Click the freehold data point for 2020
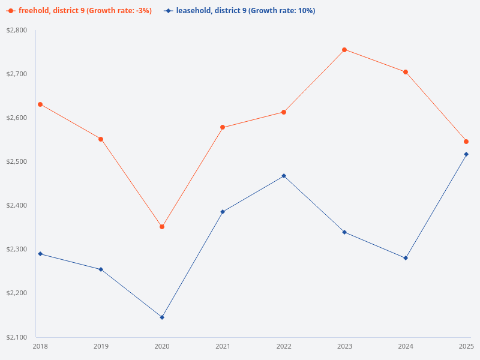click(162, 227)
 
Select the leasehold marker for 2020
click(162, 317)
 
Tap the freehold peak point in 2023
click(344, 50)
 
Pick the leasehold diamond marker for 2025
click(466, 154)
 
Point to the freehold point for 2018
click(40, 104)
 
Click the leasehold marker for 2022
click(284, 176)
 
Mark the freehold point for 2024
click(406, 72)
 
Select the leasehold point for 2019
click(101, 269)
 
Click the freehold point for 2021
click(223, 127)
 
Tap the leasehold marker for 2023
click(344, 232)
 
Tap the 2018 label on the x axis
click(40, 346)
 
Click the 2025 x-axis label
click(466, 346)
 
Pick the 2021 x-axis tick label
click(223, 346)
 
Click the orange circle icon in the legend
click(11, 11)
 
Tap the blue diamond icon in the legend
click(169, 11)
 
